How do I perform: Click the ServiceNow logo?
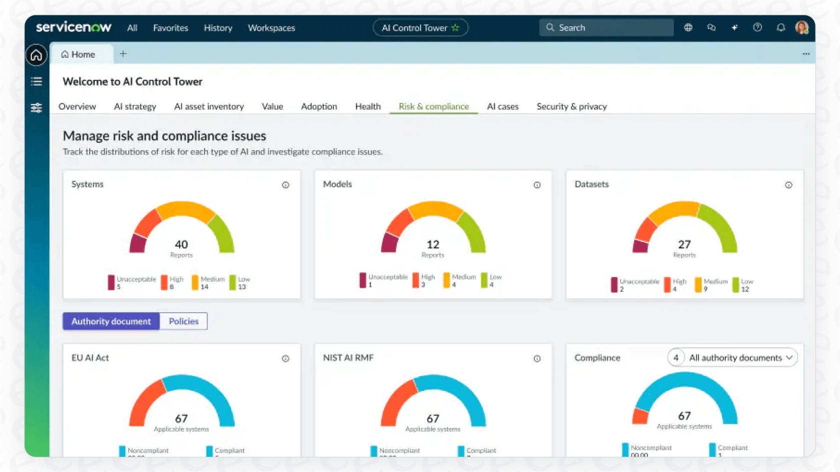(73, 27)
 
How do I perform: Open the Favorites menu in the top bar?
(170, 28)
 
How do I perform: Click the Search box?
(606, 27)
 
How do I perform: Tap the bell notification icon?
(780, 27)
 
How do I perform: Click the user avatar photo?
(801, 27)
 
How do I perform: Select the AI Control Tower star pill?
(420, 27)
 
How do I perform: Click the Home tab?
(78, 54)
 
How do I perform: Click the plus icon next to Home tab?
(123, 53)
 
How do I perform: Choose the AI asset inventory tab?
(208, 106)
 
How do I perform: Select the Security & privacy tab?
(571, 106)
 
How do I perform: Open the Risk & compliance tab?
(433, 106)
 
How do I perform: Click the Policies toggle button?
(183, 321)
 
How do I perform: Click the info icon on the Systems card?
(285, 185)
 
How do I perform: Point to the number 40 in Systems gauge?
(181, 244)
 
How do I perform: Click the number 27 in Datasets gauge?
(684, 244)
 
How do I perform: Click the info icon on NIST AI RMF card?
(537, 359)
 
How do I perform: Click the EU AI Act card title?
(90, 358)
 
